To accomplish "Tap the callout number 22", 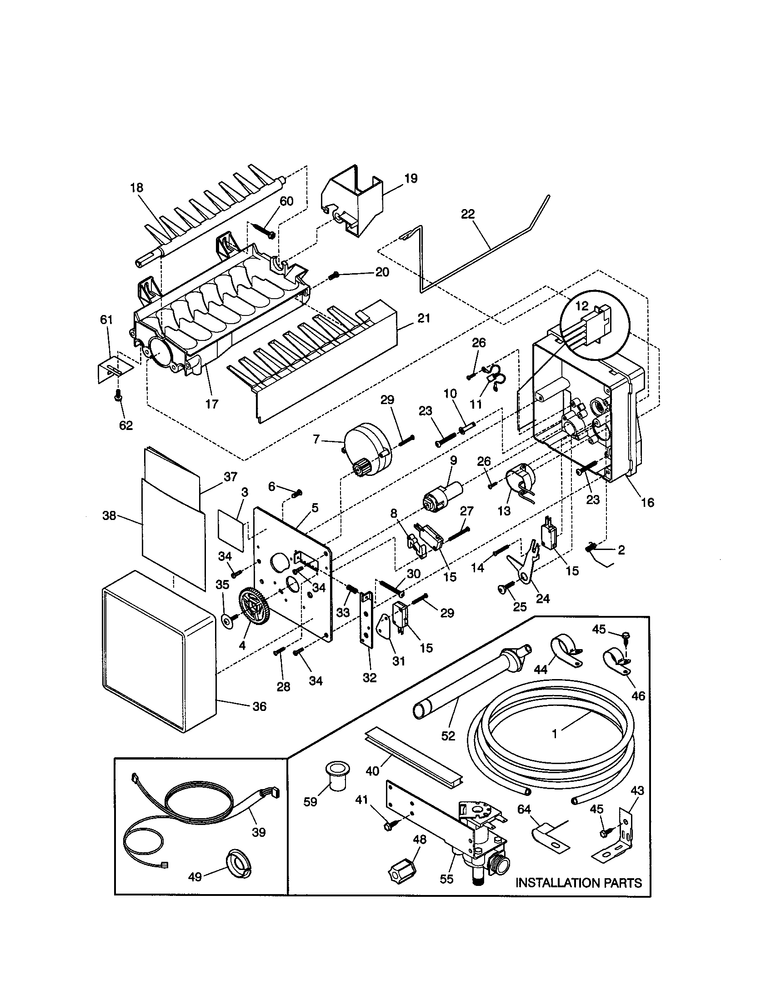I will (467, 214).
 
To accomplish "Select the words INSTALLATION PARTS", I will (578, 883).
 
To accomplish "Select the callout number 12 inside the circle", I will (581, 306).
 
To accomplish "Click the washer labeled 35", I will (226, 620).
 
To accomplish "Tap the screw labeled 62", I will (118, 396).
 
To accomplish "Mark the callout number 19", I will (411, 179).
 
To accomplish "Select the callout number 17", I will (211, 404).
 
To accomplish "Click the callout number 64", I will (524, 810).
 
